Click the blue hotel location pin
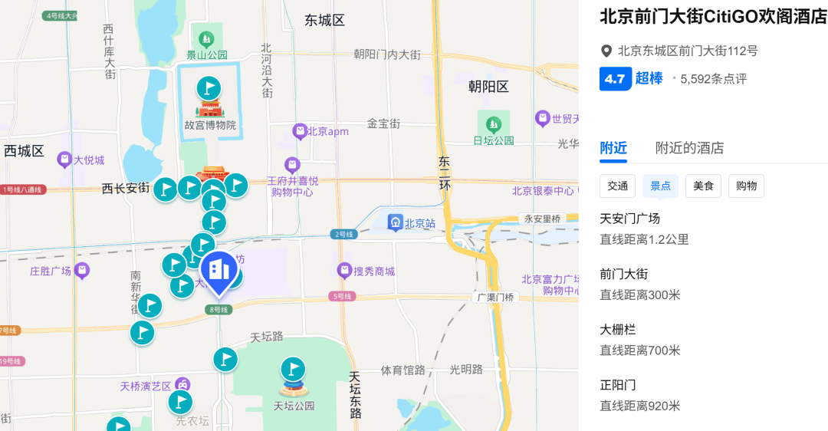(x=219, y=271)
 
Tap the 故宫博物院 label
(x=209, y=125)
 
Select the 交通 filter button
(x=617, y=186)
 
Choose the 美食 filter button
(x=703, y=186)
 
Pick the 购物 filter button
(x=746, y=186)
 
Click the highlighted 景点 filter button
(x=660, y=186)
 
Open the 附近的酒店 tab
(x=689, y=148)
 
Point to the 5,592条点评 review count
(x=713, y=79)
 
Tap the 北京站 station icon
(x=396, y=223)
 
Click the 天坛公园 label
(x=294, y=406)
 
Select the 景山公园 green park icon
(x=206, y=38)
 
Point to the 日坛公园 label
(x=493, y=140)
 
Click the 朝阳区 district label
(x=488, y=87)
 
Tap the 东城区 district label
(x=324, y=21)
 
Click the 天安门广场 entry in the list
(x=629, y=219)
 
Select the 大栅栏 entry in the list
(x=618, y=330)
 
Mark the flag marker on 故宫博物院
(x=209, y=88)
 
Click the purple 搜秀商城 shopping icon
(x=345, y=271)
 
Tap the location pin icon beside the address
(x=606, y=51)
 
